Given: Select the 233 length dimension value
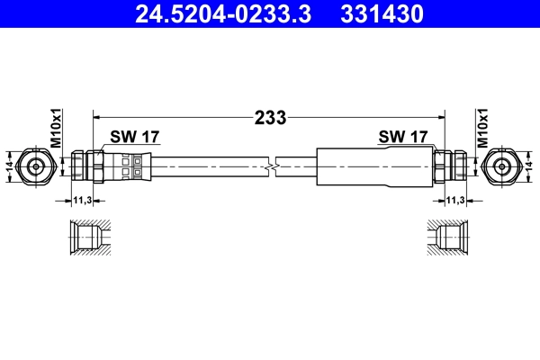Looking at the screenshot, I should [270, 117].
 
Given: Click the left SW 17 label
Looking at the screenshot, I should [134, 137].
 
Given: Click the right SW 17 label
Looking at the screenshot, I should [403, 137].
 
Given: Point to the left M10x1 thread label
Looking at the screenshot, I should [55, 128].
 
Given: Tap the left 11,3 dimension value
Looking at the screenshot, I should [83, 200].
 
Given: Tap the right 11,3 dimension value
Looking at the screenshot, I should [455, 200].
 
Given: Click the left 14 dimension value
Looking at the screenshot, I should [10, 166].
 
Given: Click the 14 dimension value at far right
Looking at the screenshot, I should [530, 166].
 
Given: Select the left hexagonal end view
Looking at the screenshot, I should [37, 166].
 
